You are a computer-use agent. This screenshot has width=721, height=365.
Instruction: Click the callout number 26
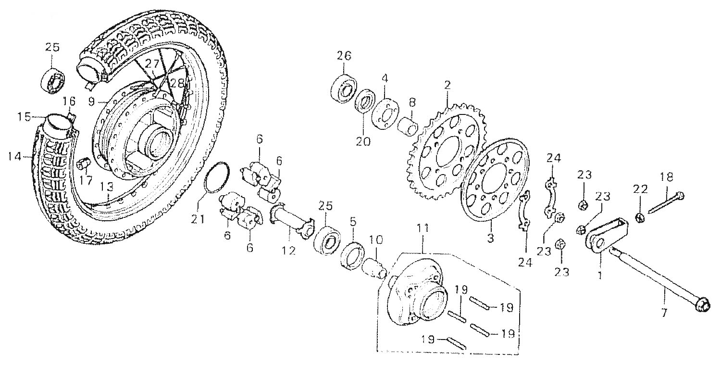coord(344,56)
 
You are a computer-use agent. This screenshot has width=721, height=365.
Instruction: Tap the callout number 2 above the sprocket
coord(448,85)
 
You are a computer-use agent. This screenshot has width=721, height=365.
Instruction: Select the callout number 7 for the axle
coord(665,313)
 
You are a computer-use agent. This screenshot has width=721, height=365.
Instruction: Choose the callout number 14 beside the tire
coord(15,156)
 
